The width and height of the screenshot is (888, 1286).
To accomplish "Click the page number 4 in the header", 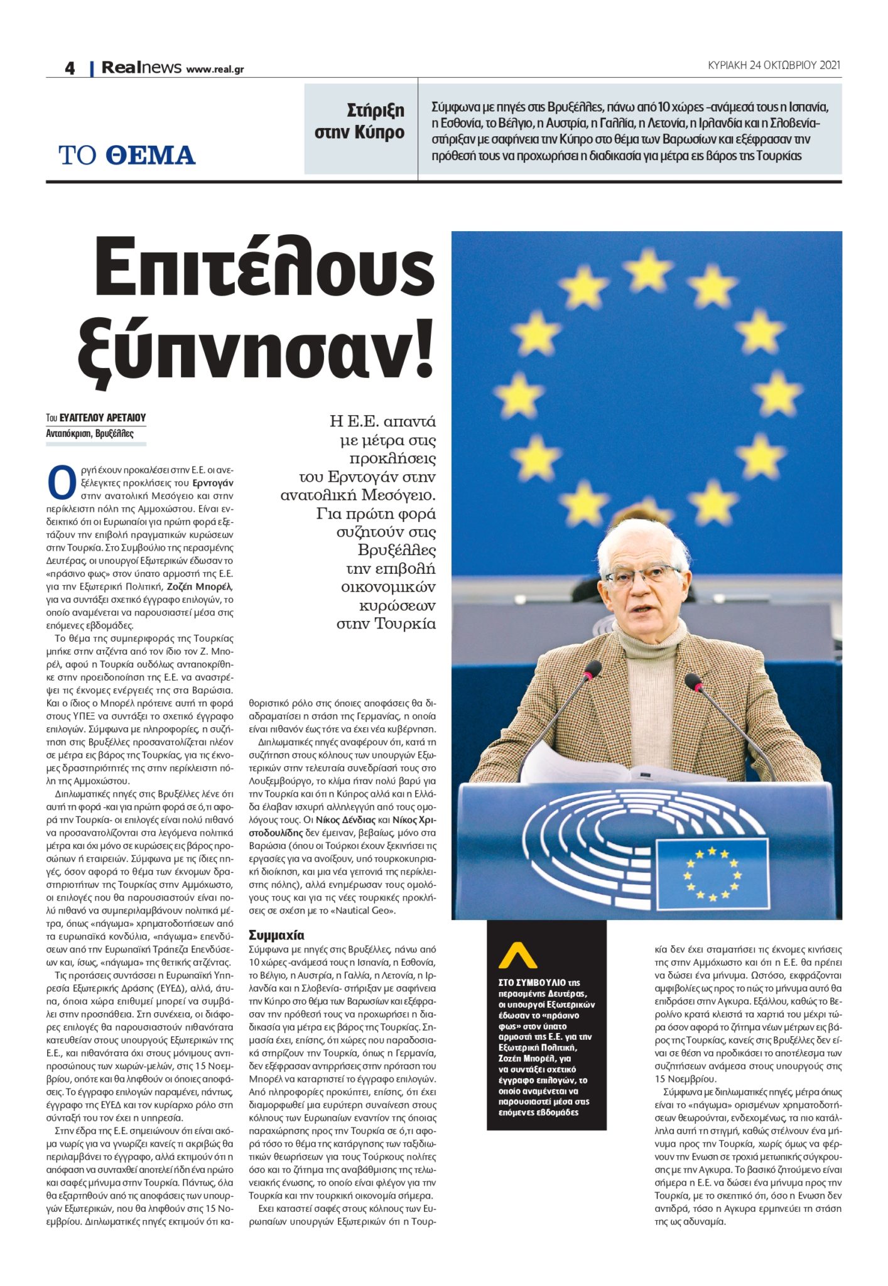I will pos(70,68).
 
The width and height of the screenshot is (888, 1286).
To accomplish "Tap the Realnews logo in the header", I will pos(141,67).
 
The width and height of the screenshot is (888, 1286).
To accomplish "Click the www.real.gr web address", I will pos(215,69).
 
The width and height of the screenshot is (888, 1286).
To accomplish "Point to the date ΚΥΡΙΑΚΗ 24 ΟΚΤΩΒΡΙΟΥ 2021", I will pos(773,65).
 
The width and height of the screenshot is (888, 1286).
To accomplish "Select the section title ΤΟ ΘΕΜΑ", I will pos(127,155).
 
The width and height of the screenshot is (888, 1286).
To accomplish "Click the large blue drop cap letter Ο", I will pos(61,484).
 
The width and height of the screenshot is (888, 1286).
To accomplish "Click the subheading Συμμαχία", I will pos(276,935).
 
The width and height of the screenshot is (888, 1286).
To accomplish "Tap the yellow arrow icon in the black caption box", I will pos(517,956).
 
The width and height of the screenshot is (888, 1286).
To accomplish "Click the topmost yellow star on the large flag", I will pos(647,269).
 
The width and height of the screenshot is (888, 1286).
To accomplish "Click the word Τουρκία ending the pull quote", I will pos(404,624).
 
